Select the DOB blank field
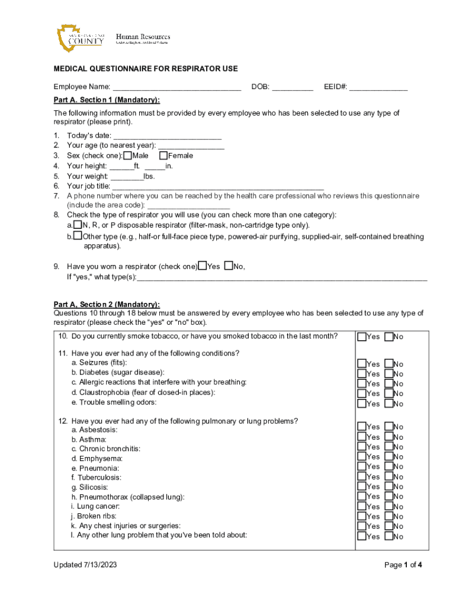[x=293, y=87]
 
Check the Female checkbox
[x=163, y=155]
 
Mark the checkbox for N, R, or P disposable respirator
[x=77, y=225]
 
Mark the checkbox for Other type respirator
[x=77, y=236]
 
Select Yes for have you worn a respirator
[x=203, y=266]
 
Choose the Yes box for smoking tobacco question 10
[x=361, y=337]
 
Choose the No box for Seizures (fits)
[x=388, y=364]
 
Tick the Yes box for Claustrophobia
[x=361, y=394]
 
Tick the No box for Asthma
[x=388, y=437]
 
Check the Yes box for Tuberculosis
[x=361, y=477]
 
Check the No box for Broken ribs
[x=388, y=516]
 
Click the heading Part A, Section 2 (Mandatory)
[x=107, y=305]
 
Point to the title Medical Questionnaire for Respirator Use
[x=146, y=69]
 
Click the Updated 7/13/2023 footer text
[x=85, y=565]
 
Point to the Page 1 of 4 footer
[x=403, y=565]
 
